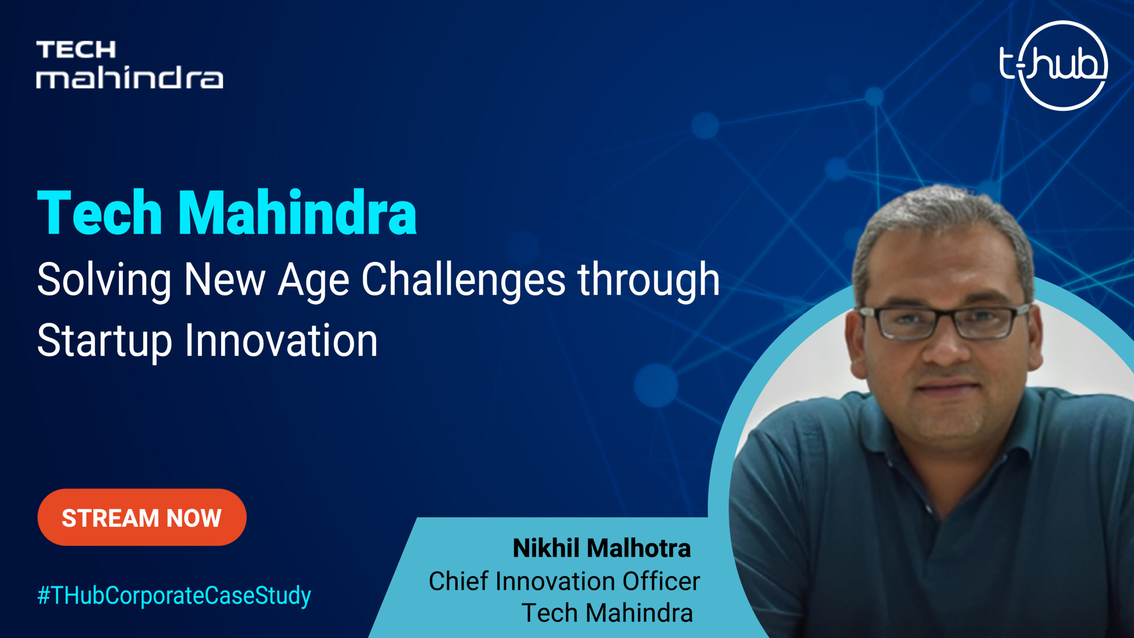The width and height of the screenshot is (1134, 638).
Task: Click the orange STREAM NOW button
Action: coord(142,517)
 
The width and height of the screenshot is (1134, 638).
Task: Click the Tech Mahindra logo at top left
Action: coord(129,65)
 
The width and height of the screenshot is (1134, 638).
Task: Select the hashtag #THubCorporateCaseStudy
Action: coord(174,595)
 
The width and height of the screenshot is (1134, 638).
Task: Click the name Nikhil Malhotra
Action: coord(602,548)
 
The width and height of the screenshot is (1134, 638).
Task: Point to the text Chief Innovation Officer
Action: coord(564,581)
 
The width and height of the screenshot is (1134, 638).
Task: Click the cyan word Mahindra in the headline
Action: coord(297,211)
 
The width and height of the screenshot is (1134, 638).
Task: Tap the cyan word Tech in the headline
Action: coord(100,211)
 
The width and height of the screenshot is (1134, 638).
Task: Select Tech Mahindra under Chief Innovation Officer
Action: coord(607,613)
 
